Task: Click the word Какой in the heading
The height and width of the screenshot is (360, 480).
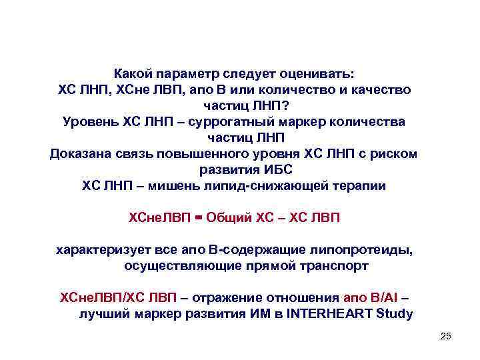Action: pos(134,72)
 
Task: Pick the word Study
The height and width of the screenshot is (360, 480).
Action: pos(393,314)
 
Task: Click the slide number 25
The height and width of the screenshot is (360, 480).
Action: pos(446,337)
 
